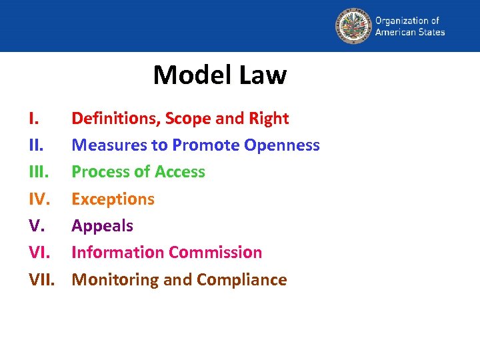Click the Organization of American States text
click(409, 27)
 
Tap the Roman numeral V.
click(37, 225)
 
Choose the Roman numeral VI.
click(40, 253)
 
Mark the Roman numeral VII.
click(43, 279)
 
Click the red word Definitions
click(115, 119)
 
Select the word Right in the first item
click(269, 119)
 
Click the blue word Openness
click(282, 145)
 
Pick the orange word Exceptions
click(113, 199)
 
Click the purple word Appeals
click(102, 226)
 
